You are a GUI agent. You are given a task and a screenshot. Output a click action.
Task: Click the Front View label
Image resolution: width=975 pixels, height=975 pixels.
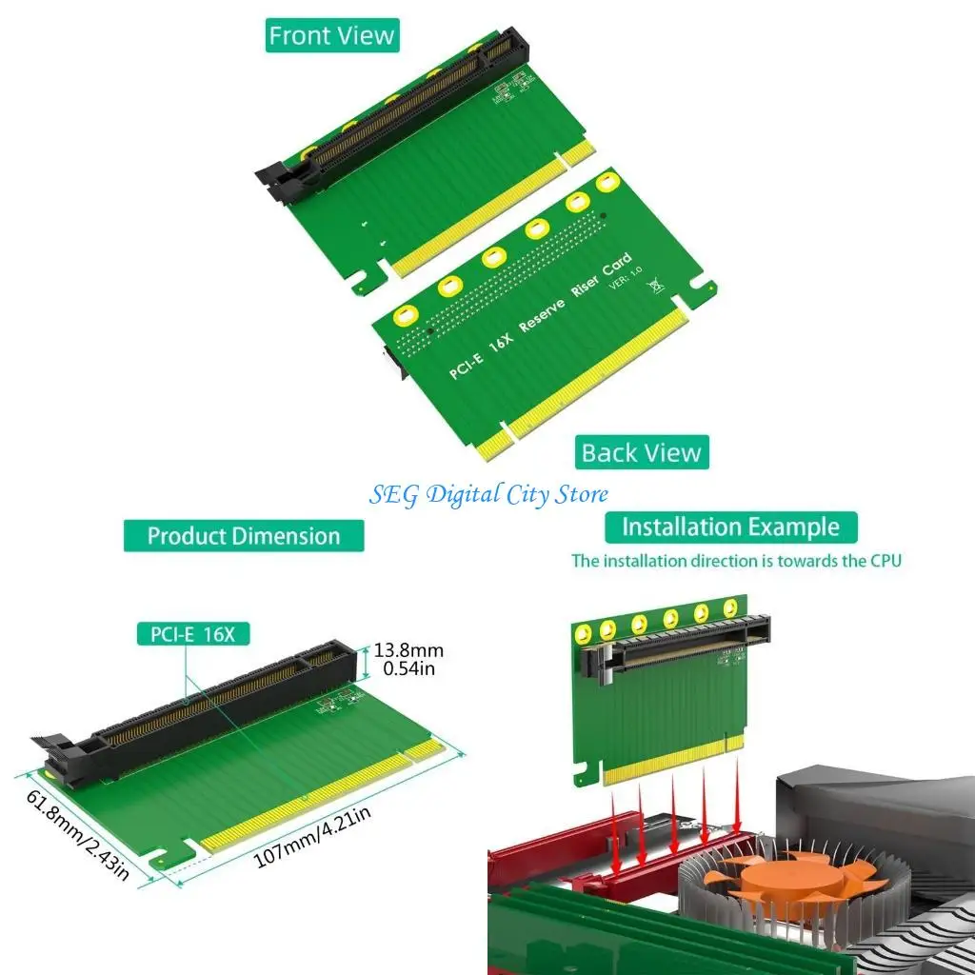(x=331, y=36)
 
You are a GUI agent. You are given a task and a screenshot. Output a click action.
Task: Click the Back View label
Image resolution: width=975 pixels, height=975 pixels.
(x=641, y=452)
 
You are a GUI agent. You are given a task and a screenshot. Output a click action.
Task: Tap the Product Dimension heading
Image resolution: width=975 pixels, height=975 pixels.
(x=243, y=535)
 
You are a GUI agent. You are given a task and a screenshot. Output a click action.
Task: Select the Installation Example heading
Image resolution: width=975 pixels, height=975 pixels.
(x=730, y=527)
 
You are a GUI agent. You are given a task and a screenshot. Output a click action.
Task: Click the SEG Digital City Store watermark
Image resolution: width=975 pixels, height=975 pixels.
(x=488, y=494)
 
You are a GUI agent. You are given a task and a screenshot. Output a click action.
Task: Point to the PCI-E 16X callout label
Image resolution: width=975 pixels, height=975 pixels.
(x=191, y=634)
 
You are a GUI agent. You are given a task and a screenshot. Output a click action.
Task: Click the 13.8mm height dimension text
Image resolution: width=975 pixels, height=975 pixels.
(x=408, y=650)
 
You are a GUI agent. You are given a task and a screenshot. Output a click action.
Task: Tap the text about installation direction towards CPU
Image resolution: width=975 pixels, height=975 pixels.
(x=735, y=561)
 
